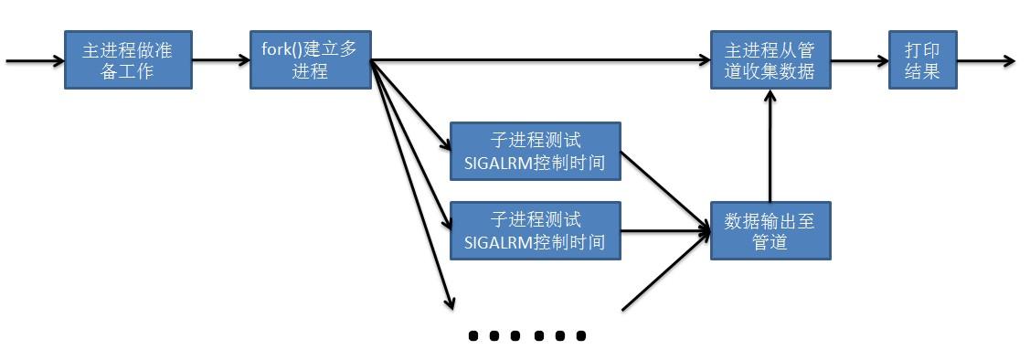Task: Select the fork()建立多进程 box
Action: click(310, 59)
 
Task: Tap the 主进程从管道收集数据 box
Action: click(770, 59)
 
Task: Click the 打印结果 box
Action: click(922, 59)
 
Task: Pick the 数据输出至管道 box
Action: click(770, 231)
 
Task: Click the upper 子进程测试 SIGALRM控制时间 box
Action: click(535, 152)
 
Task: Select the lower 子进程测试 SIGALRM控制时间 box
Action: click(535, 231)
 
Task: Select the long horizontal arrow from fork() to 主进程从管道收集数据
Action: click(539, 61)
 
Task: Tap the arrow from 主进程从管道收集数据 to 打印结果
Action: click(859, 61)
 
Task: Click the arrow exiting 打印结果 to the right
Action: click(985, 61)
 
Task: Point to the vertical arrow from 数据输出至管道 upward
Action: click(770, 146)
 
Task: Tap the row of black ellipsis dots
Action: click(526, 336)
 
